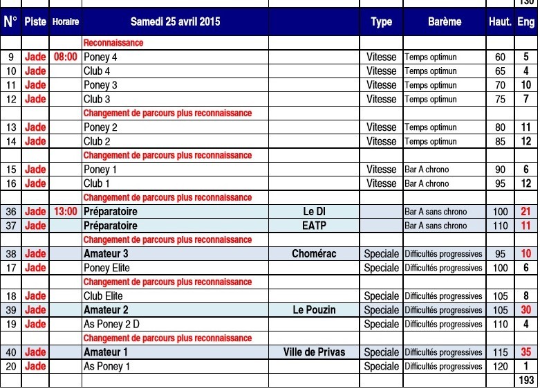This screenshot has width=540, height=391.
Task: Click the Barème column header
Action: tap(444, 21)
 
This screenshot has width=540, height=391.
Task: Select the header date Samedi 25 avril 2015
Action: tap(175, 21)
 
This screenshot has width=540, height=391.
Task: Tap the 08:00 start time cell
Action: tap(65, 57)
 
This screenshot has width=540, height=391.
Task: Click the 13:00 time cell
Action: tap(65, 212)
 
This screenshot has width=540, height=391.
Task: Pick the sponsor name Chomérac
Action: tap(314, 254)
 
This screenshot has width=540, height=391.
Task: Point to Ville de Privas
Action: tap(314, 352)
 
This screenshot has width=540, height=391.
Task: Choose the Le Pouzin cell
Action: tap(314, 310)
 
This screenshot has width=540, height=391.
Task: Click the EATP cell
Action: tap(314, 226)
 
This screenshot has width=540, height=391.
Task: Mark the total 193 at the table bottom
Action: tap(526, 381)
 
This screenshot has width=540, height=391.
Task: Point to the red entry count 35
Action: tap(526, 352)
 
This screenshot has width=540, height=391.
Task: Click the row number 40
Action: tap(11, 352)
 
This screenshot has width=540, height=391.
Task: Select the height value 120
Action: tap(500, 366)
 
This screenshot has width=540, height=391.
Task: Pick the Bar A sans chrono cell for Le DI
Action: tap(436, 212)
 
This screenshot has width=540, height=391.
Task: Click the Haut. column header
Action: tap(500, 21)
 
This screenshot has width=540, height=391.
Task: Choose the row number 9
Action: tap(11, 57)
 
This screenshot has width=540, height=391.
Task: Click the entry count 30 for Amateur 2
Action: tap(526, 310)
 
